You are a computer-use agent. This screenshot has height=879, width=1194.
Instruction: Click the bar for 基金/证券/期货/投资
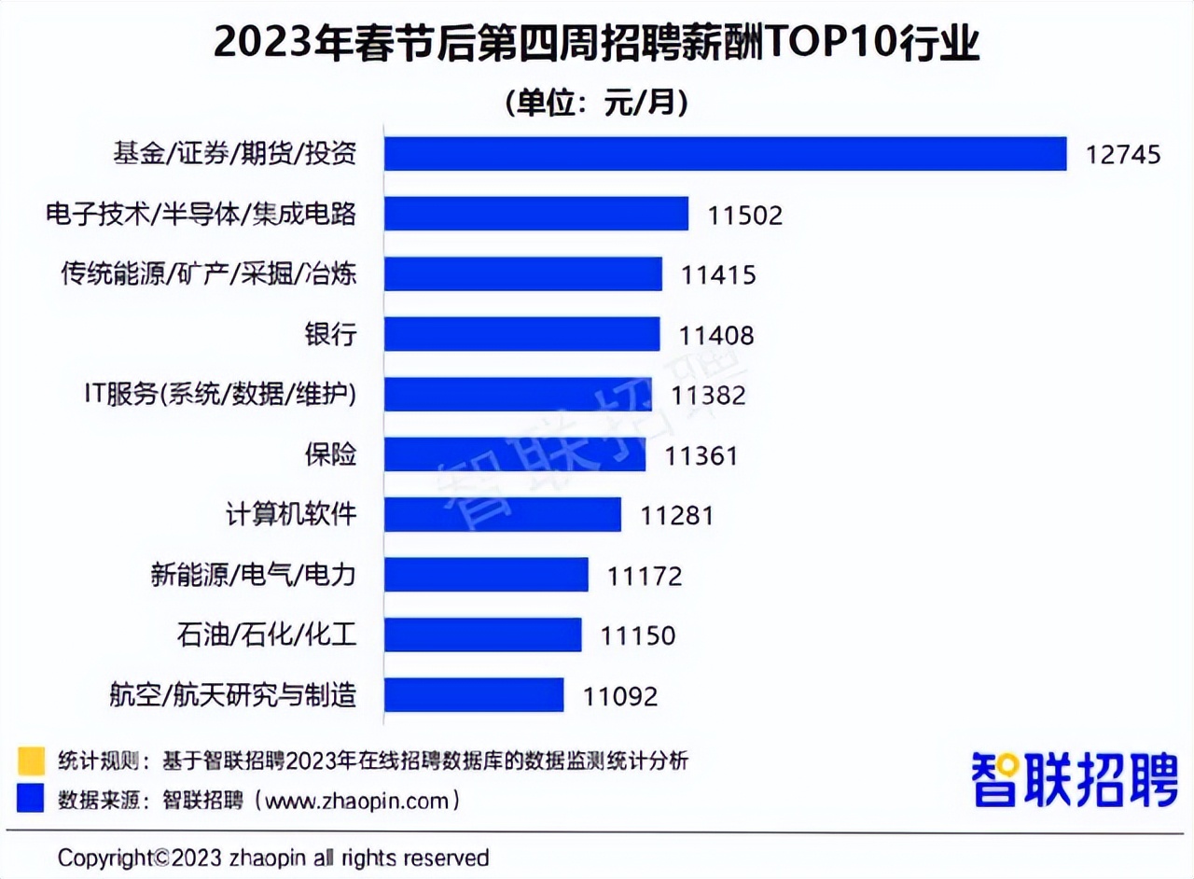point(726,154)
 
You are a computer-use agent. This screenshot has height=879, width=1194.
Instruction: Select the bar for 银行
point(522,334)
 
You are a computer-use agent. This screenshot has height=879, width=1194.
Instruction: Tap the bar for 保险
point(515,454)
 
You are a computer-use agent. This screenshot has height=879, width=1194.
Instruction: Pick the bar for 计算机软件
point(503,514)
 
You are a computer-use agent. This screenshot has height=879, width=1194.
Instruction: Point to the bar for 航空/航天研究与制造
point(474,694)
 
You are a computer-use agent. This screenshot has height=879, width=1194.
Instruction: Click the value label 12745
point(1123,154)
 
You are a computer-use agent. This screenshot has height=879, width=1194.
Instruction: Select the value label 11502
point(744,215)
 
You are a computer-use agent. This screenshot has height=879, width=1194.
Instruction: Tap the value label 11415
point(717,275)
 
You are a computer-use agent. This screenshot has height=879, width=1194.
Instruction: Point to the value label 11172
point(645,575)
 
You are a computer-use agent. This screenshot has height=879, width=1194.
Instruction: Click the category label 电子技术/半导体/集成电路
point(201,214)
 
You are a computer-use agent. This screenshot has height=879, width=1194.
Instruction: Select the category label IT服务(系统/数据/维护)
point(220,395)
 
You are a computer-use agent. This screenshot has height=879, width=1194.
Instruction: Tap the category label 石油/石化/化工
point(266,635)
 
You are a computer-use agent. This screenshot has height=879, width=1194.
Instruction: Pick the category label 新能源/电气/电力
point(253,575)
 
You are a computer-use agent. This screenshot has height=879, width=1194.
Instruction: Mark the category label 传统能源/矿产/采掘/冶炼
point(208,274)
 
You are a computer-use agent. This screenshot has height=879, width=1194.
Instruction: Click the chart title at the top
point(597,44)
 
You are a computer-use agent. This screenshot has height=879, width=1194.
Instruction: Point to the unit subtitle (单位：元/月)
point(597,102)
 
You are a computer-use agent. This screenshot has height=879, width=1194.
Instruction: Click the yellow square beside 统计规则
point(30,760)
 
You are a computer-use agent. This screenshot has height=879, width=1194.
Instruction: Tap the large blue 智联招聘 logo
point(1074,777)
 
